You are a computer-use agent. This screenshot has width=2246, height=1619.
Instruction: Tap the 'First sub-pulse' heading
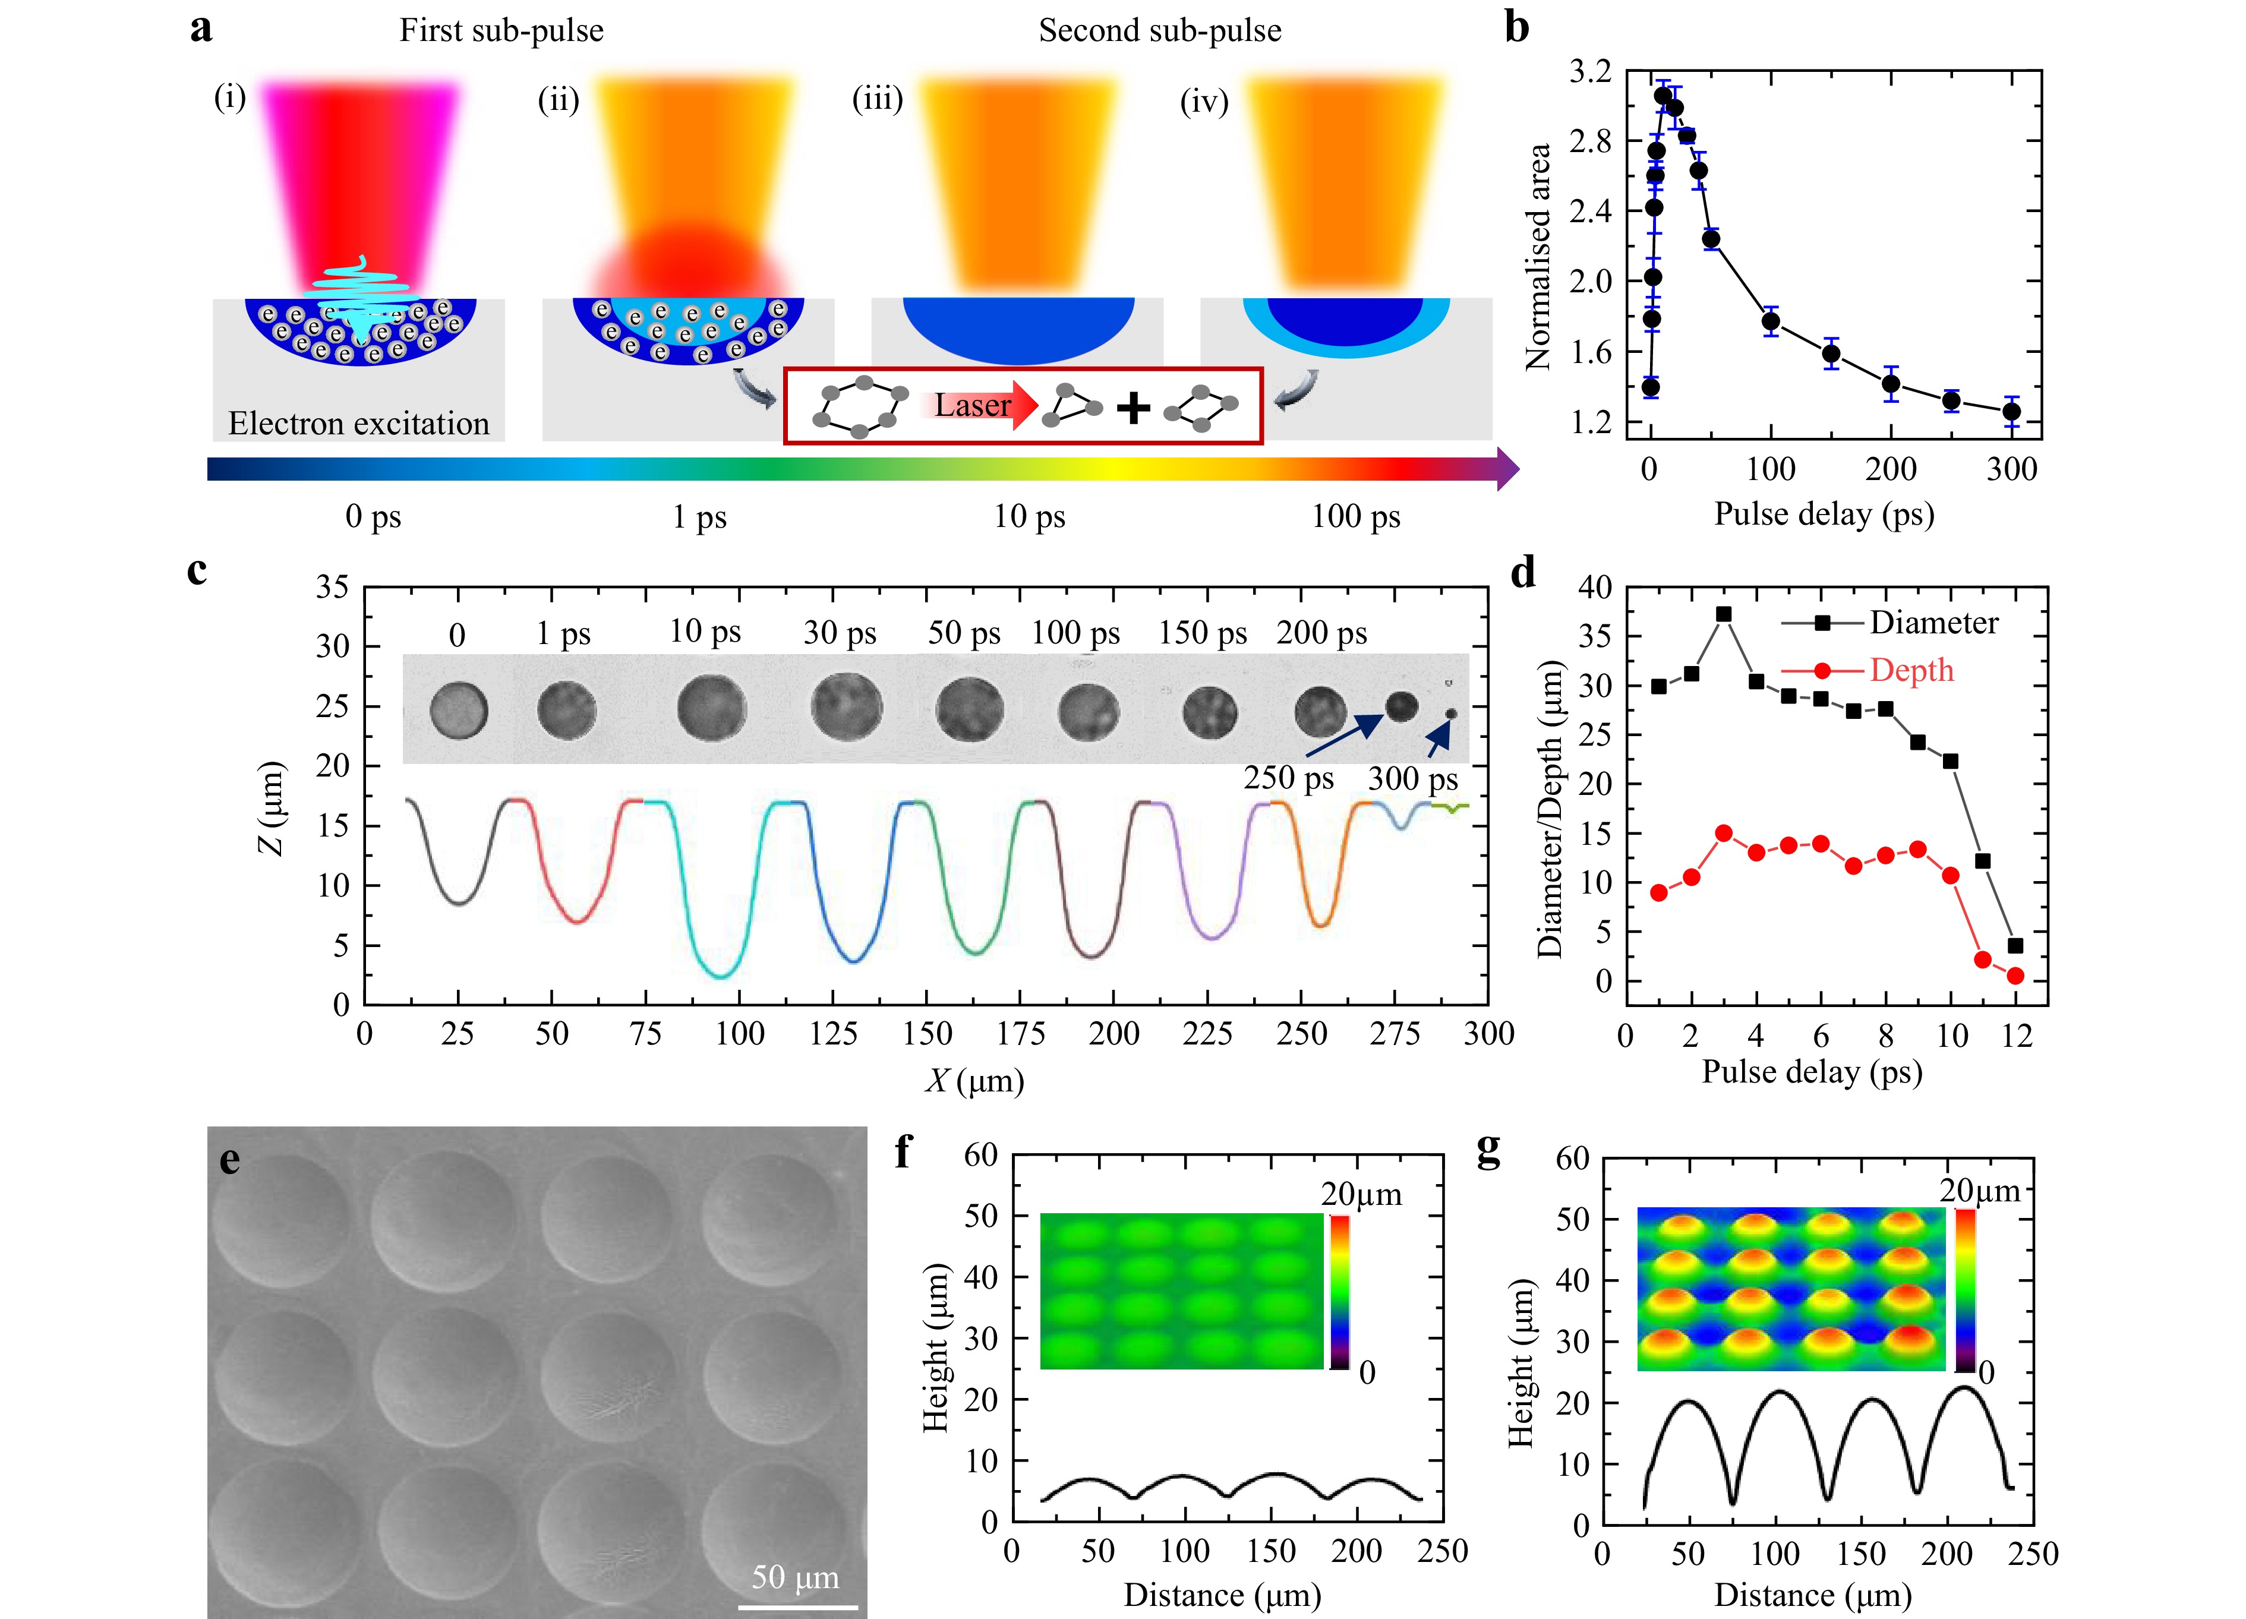pyautogui.click(x=501, y=31)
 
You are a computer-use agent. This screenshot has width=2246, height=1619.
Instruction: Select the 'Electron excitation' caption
pyautogui.click(x=358, y=424)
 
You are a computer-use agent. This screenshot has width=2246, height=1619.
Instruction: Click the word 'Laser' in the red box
pyautogui.click(x=973, y=405)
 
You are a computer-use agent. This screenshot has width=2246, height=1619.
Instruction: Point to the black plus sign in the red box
pyautogui.click(x=1133, y=407)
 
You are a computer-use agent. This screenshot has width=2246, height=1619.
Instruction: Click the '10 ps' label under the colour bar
pyautogui.click(x=1029, y=516)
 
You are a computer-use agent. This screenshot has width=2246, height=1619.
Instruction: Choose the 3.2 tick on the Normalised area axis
pyautogui.click(x=1591, y=71)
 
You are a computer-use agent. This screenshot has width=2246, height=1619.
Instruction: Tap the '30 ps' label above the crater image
pyautogui.click(x=840, y=633)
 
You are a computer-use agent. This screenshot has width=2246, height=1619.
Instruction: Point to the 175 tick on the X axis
pyautogui.click(x=1020, y=1034)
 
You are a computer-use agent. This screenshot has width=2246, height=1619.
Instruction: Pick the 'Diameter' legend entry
pyautogui.click(x=1933, y=623)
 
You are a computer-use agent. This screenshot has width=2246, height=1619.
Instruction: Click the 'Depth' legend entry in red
pyautogui.click(x=1911, y=670)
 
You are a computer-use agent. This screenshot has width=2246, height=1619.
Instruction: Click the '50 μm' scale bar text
pyautogui.click(x=794, y=1576)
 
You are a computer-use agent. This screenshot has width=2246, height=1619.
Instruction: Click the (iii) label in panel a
pyautogui.click(x=878, y=99)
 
